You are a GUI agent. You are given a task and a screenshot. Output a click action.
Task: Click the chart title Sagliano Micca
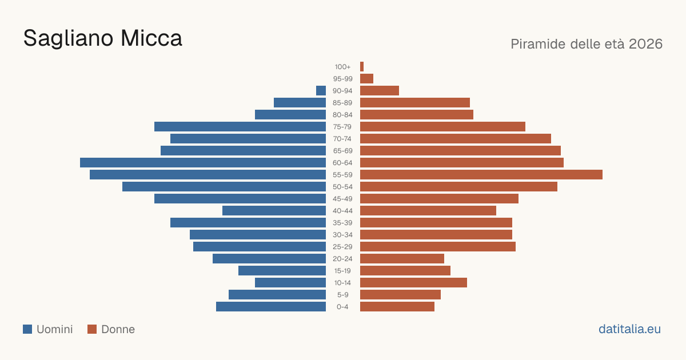click(102, 38)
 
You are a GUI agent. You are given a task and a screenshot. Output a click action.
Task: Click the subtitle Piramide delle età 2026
click(587, 44)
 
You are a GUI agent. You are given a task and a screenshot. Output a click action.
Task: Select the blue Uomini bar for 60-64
click(203, 162)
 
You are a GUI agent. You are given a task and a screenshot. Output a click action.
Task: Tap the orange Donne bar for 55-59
click(481, 174)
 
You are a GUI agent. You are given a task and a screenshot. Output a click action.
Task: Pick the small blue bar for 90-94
click(321, 91)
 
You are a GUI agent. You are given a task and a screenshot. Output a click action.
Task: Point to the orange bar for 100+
click(362, 66)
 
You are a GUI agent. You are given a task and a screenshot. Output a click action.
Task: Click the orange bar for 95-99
click(366, 79)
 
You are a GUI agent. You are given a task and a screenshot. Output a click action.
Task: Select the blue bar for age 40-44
click(274, 211)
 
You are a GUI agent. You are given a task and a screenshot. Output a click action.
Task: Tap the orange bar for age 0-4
click(397, 306)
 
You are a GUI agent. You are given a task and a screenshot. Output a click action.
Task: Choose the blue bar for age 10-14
click(290, 282)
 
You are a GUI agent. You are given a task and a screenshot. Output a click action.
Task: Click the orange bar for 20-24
click(402, 259)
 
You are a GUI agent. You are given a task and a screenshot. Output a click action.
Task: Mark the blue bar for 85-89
click(300, 102)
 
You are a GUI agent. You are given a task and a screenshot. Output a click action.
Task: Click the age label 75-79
click(342, 127)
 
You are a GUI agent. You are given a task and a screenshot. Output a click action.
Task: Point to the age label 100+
click(342, 67)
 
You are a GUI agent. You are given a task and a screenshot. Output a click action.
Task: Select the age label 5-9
click(342, 295)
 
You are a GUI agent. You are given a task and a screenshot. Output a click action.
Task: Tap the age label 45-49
click(342, 199)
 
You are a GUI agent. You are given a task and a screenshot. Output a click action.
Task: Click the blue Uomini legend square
click(27, 329)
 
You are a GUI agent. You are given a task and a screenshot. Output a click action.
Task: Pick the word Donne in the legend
click(118, 329)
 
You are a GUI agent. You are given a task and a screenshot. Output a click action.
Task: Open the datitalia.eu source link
click(629, 329)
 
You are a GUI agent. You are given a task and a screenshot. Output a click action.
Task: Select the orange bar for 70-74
click(456, 139)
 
